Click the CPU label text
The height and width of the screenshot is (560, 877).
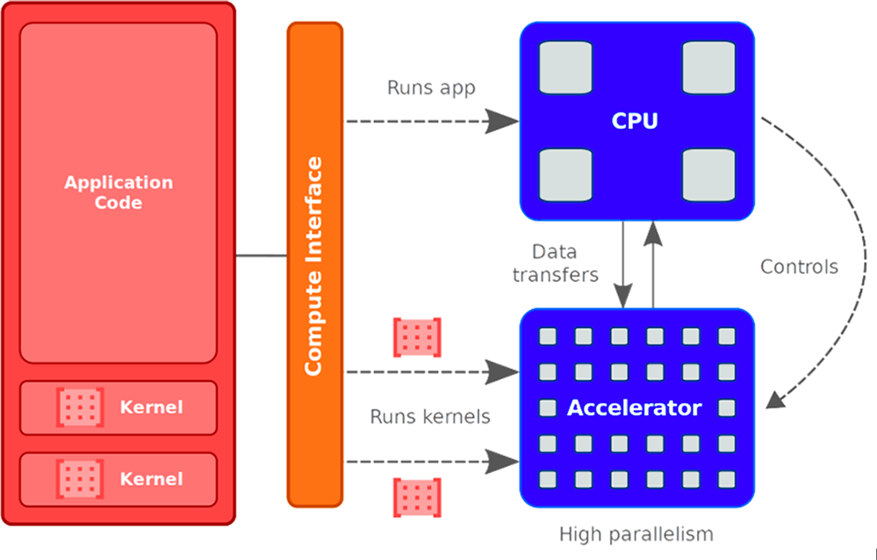(x=635, y=121)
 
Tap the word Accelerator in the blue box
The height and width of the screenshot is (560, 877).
(x=634, y=408)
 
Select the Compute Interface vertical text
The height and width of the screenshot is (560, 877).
(x=313, y=266)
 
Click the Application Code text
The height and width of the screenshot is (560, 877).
(x=119, y=192)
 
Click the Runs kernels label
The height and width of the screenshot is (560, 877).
(x=430, y=416)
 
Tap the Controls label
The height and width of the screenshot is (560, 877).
(x=799, y=266)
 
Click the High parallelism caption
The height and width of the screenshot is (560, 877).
(x=636, y=534)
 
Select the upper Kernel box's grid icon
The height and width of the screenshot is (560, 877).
(x=80, y=407)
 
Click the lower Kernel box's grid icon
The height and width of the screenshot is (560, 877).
(x=80, y=478)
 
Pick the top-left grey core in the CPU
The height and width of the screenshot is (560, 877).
(x=564, y=68)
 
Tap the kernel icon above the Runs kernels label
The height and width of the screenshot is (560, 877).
(x=417, y=338)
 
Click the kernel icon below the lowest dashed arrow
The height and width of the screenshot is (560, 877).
(x=417, y=498)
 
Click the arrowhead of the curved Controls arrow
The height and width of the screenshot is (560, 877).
(x=775, y=402)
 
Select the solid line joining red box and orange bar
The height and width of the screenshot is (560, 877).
(x=262, y=256)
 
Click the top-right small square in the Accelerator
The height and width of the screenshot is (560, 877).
(x=726, y=336)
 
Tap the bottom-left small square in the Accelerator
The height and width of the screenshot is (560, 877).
(x=547, y=479)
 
